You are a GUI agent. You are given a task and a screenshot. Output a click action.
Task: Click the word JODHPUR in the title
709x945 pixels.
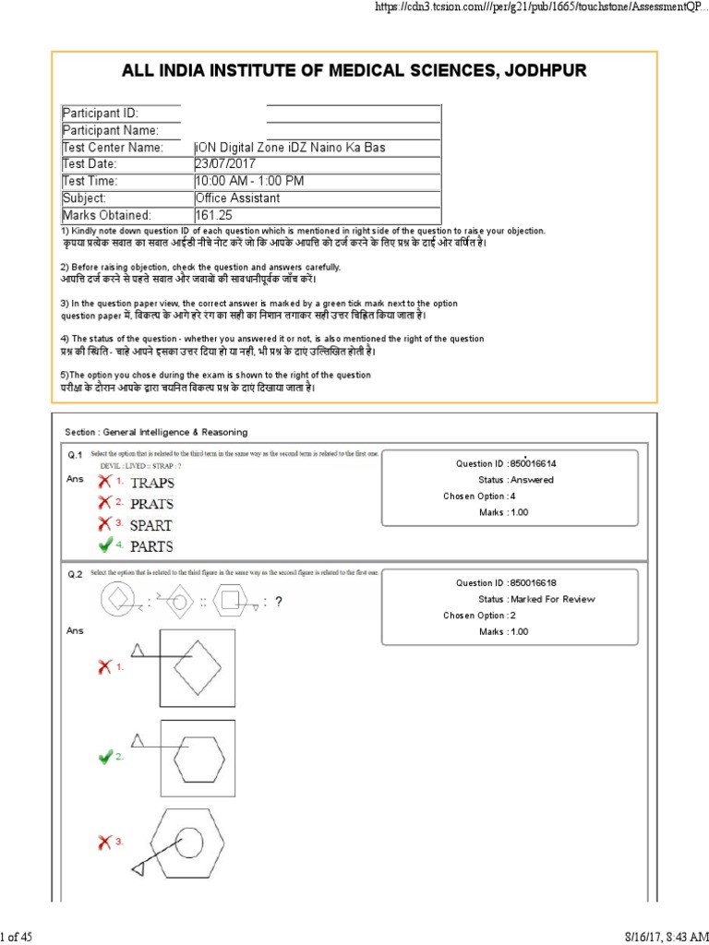point(535,71)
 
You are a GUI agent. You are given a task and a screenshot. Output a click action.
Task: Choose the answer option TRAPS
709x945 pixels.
point(151,483)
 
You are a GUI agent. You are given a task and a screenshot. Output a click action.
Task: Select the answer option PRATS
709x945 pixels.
point(151,504)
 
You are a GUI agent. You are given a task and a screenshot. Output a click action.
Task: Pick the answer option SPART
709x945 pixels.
point(151,525)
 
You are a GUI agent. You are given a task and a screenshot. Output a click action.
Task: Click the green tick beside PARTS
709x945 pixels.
point(105,544)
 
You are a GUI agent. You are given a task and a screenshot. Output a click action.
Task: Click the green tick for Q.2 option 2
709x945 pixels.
point(105,757)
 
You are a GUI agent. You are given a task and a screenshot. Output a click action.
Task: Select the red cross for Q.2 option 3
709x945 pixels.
point(105,842)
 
